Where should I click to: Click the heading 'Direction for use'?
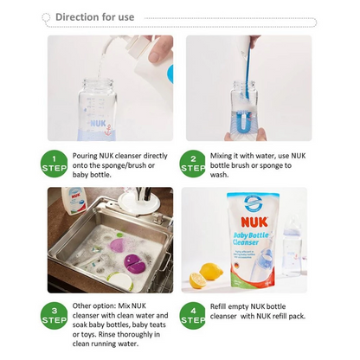coord(94,16)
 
